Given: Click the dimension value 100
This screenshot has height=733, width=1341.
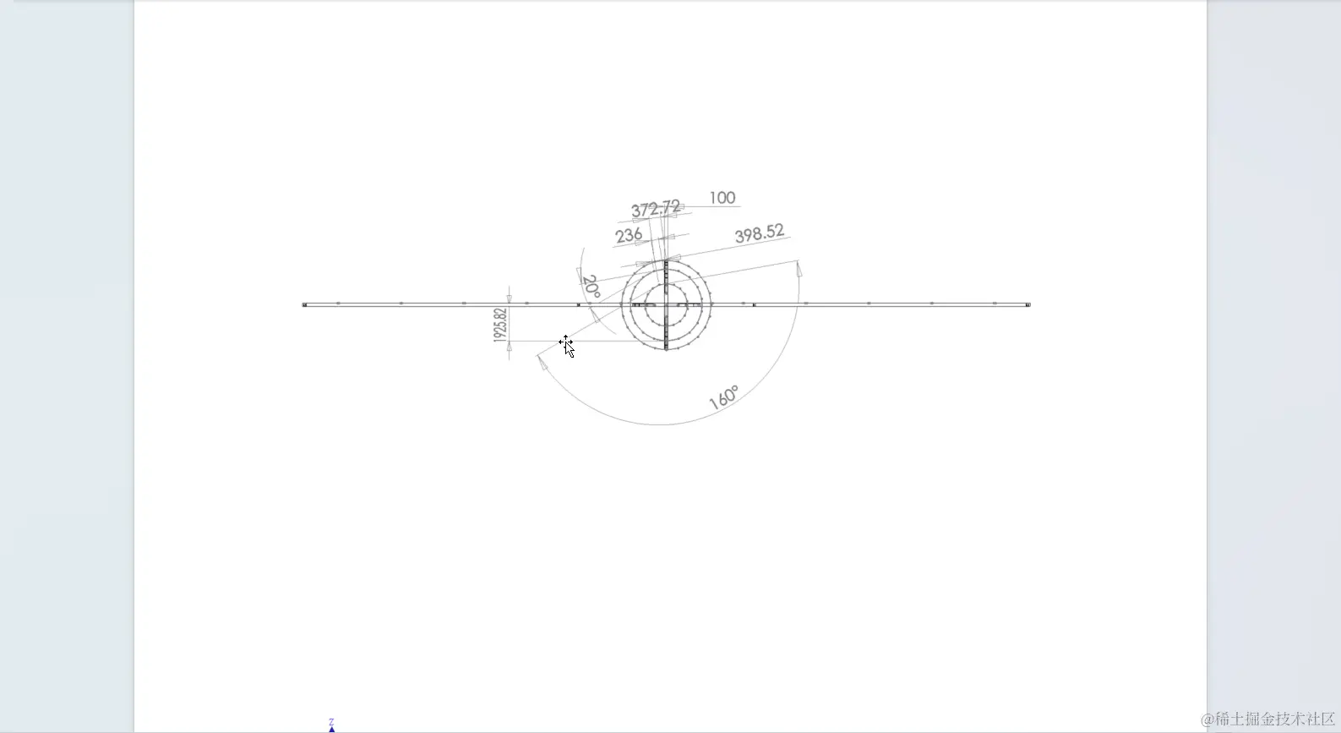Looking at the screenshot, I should click(x=722, y=198).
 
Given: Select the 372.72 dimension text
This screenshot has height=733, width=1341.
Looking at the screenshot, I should click(x=655, y=209).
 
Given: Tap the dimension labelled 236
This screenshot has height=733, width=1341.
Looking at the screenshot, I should click(x=629, y=236).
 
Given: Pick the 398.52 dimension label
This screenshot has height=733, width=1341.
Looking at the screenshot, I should click(x=759, y=234).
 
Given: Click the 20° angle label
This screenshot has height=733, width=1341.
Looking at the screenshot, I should click(x=591, y=287).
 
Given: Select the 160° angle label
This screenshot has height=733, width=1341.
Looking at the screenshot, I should click(x=724, y=397).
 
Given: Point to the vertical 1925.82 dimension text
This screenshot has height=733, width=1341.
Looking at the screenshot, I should click(x=500, y=325).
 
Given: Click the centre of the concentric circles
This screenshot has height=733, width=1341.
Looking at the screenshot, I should click(x=666, y=304).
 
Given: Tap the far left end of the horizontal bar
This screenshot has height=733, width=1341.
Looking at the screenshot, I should click(x=305, y=304).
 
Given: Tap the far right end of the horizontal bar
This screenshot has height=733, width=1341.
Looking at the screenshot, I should click(x=1028, y=304).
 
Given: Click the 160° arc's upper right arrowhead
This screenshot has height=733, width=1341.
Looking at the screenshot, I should click(x=799, y=270).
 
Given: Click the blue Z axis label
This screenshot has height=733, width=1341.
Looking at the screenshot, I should click(x=331, y=722).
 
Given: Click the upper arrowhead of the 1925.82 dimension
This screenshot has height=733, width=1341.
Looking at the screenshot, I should click(x=509, y=297).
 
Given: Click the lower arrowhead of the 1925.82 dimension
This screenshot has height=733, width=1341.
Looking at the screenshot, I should click(x=509, y=347).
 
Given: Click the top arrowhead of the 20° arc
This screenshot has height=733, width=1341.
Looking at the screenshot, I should click(x=580, y=274).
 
